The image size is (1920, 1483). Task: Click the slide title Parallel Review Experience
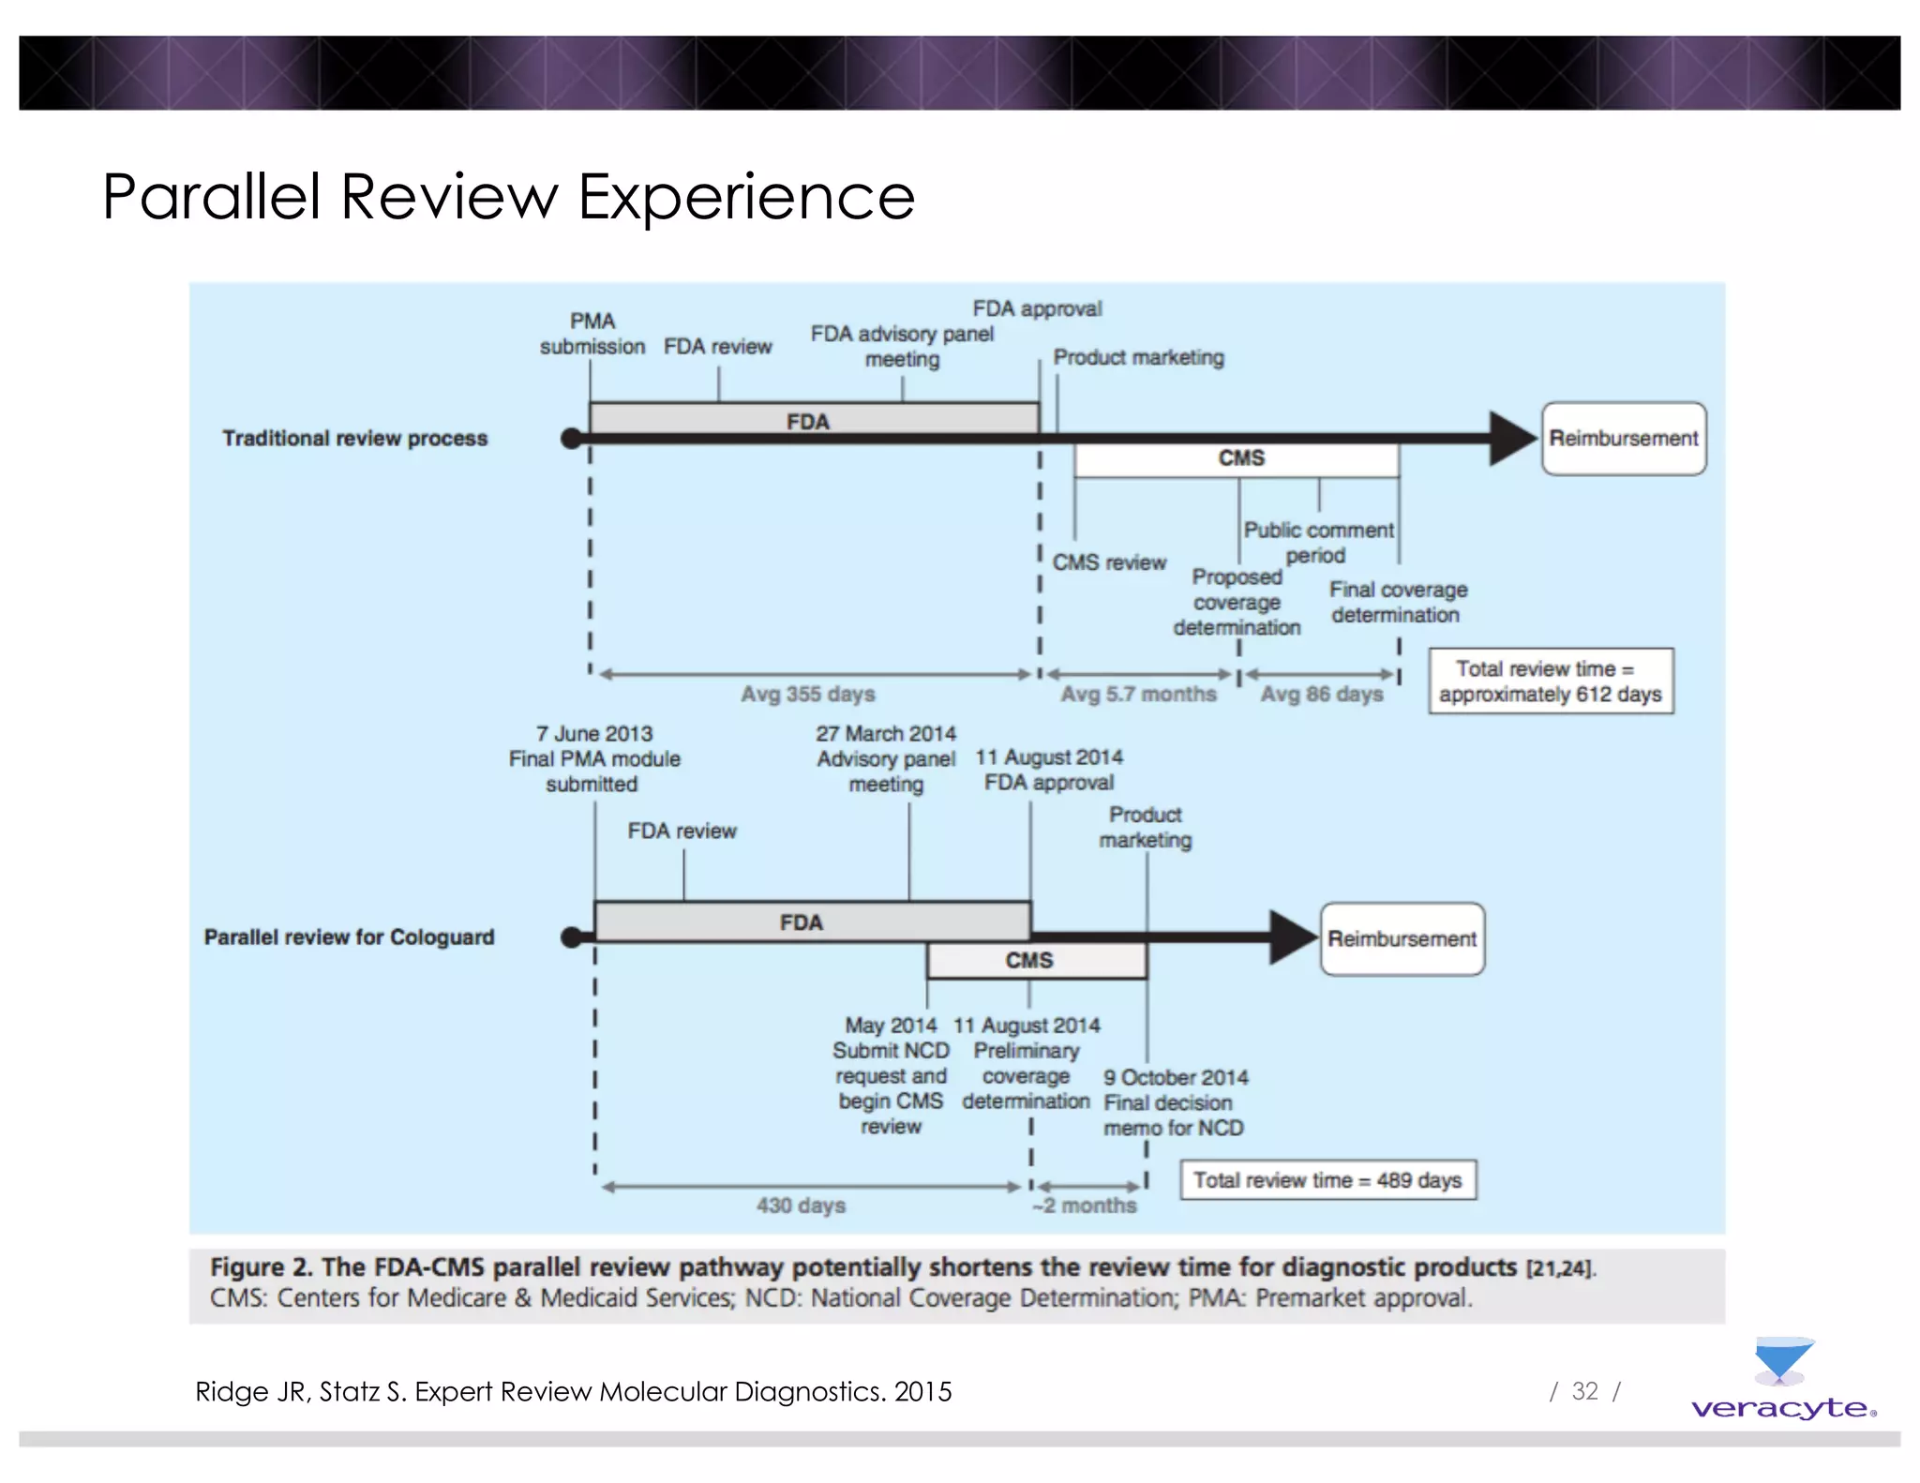(x=508, y=197)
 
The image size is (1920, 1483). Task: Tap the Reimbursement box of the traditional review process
(x=1623, y=439)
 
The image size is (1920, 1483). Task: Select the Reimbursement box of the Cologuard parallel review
(x=1402, y=938)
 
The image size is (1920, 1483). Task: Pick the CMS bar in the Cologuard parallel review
(x=1036, y=961)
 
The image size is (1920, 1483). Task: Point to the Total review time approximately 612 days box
(x=1550, y=682)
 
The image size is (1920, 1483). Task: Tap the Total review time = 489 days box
(x=1327, y=1180)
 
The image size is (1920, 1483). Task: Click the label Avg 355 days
(x=807, y=695)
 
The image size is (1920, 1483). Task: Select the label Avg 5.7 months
(x=1138, y=695)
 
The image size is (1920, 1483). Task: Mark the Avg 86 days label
(x=1321, y=695)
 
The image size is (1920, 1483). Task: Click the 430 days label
(x=801, y=1206)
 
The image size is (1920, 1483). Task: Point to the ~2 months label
(x=1085, y=1206)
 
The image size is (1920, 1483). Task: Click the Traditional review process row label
(x=354, y=439)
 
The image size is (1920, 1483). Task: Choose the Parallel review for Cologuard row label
(x=349, y=937)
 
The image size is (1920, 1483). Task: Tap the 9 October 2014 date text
(x=1176, y=1078)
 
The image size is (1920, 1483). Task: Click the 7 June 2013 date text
(x=594, y=734)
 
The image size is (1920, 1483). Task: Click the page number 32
(x=1584, y=1391)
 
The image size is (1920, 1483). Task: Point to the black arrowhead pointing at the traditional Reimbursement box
(x=1511, y=439)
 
